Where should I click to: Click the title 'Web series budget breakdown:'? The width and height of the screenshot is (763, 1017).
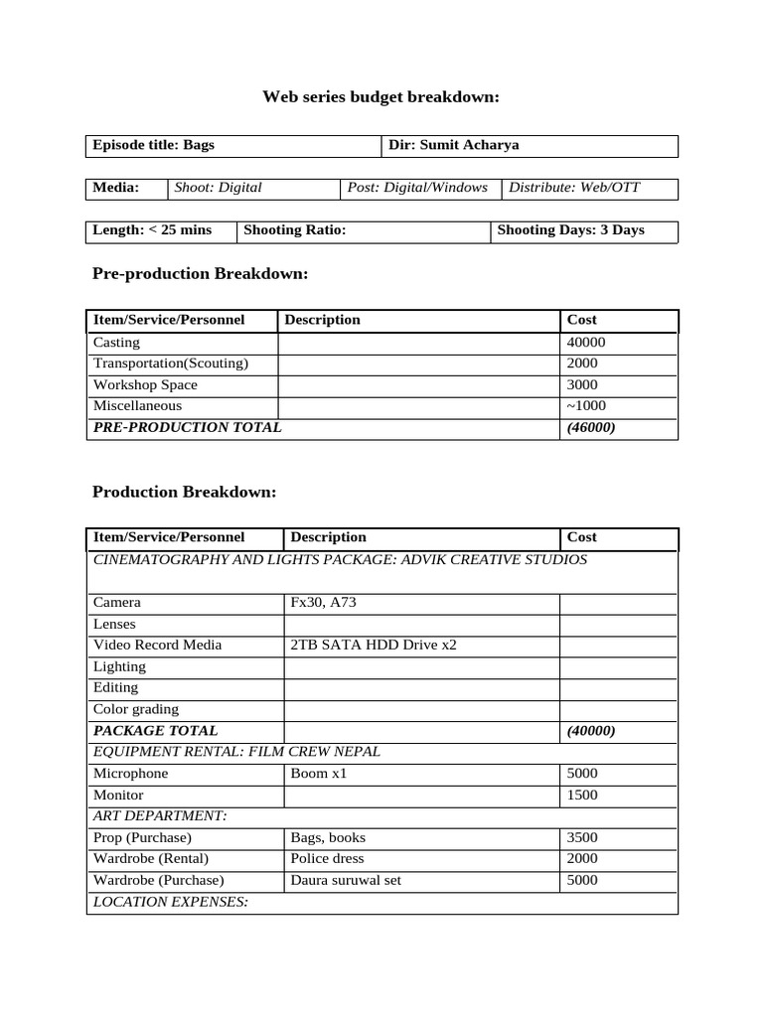[x=381, y=97]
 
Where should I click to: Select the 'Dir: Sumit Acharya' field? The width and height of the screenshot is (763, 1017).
[x=453, y=145]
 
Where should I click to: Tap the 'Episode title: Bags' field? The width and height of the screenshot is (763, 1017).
[x=154, y=145]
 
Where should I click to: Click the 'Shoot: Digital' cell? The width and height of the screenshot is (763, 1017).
[x=219, y=188]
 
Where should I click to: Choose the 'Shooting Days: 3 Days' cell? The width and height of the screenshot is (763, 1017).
[x=570, y=230]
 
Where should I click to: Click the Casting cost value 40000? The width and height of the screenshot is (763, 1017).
[x=586, y=343]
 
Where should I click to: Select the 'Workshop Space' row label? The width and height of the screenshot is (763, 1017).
[x=145, y=385]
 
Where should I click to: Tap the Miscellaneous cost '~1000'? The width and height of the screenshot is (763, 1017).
[x=586, y=406]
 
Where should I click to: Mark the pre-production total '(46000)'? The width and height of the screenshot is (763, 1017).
[x=591, y=428]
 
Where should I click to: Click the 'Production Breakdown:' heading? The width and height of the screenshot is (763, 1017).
[x=184, y=493]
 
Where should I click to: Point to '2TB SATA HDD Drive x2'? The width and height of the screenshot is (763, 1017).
[x=374, y=646]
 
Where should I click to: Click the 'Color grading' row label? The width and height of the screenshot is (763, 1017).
[x=136, y=709]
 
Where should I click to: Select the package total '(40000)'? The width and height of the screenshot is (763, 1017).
[x=591, y=731]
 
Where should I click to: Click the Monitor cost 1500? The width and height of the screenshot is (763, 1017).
[x=582, y=796]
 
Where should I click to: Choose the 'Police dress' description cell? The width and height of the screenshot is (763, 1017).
[x=328, y=859]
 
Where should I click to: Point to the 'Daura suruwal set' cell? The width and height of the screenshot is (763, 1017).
[x=346, y=881]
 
